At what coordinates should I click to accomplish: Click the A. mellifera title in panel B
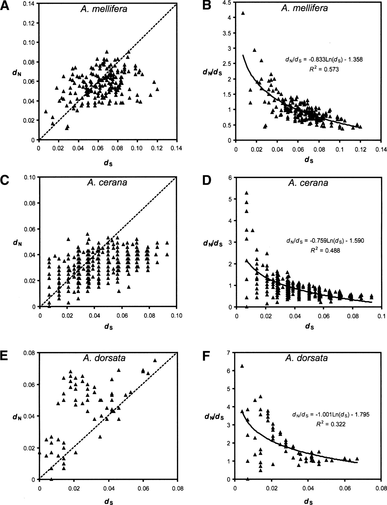click(304, 8)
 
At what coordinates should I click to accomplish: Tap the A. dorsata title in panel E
click(104, 358)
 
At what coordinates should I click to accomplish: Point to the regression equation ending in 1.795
click(331, 414)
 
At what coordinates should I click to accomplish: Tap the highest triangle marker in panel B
click(243, 13)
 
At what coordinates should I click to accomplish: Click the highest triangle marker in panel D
click(247, 193)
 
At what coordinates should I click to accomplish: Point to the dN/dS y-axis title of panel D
click(213, 243)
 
